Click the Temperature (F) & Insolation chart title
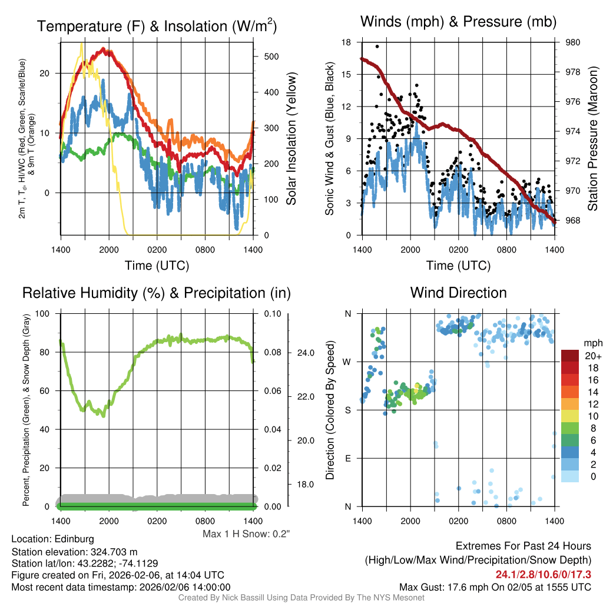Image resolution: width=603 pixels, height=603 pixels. (x=157, y=26)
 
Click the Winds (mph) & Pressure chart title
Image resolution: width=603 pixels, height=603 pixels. (x=458, y=22)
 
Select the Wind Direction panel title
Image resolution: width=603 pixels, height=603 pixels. (x=458, y=293)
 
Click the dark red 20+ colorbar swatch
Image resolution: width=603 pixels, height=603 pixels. (x=571, y=356)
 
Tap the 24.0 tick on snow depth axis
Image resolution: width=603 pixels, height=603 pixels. (x=304, y=353)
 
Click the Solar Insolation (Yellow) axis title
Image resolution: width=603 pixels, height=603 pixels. (x=291, y=139)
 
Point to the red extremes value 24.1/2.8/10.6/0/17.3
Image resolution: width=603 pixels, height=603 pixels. (x=544, y=574)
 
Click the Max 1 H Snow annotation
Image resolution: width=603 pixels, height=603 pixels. (x=246, y=534)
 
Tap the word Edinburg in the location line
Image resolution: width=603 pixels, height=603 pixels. (x=74, y=539)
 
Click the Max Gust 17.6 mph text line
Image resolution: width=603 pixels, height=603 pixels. (x=495, y=587)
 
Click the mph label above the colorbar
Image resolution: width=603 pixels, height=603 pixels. (x=592, y=343)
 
